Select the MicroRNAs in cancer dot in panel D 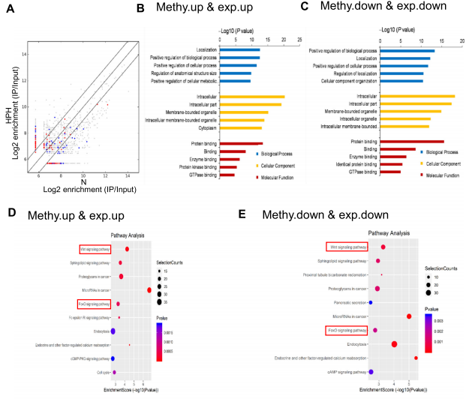(149, 290)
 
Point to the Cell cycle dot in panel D (115, 371)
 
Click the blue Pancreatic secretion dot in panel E (371, 302)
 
